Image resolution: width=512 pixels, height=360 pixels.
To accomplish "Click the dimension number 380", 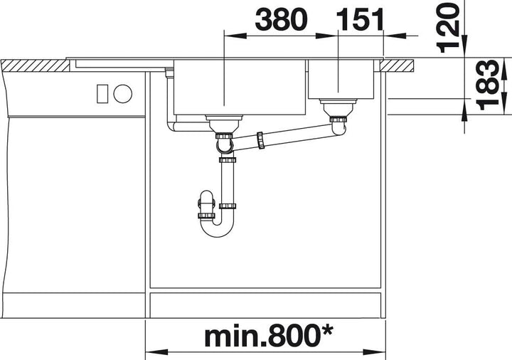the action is coord(281,19).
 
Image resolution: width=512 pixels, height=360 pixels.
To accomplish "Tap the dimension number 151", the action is coord(360,19).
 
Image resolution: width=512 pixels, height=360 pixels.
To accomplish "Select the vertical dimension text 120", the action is coord(448,28).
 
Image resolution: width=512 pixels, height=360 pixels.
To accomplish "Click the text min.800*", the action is coord(268,337).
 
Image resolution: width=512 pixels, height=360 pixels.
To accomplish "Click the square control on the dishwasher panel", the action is coord(102,93).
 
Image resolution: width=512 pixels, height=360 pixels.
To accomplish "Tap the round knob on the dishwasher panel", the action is coord(123,93).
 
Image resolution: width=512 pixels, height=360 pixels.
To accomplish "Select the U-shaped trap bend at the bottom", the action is coord(218,227).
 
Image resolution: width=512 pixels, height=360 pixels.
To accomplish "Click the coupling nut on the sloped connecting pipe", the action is coord(260,140).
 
